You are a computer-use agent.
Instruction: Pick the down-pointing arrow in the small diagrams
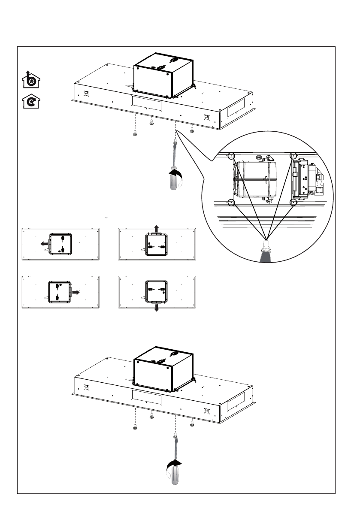(x=156, y=307)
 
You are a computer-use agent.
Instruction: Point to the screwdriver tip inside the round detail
(x=266, y=246)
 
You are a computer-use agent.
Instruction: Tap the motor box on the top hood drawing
(x=163, y=77)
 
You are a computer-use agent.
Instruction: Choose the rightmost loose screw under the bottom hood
(x=192, y=424)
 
